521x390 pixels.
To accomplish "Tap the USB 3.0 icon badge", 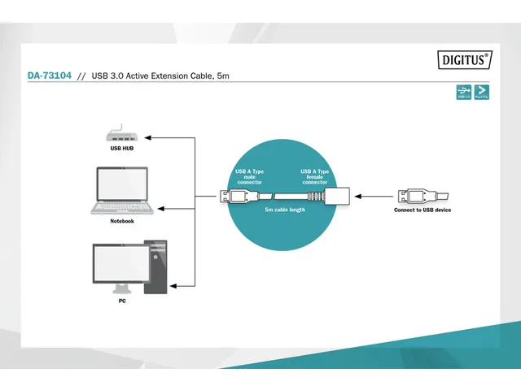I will point(463,93).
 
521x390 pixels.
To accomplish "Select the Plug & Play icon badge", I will point(482,93).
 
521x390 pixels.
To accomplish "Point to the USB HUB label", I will point(122,149).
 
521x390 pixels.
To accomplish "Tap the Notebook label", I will point(122,221).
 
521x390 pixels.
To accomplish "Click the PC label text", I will point(122,301).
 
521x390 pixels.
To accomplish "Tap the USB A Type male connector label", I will point(248,176).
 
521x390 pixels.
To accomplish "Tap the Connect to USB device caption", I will point(422,210).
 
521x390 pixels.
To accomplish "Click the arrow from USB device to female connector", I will point(374,195).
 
